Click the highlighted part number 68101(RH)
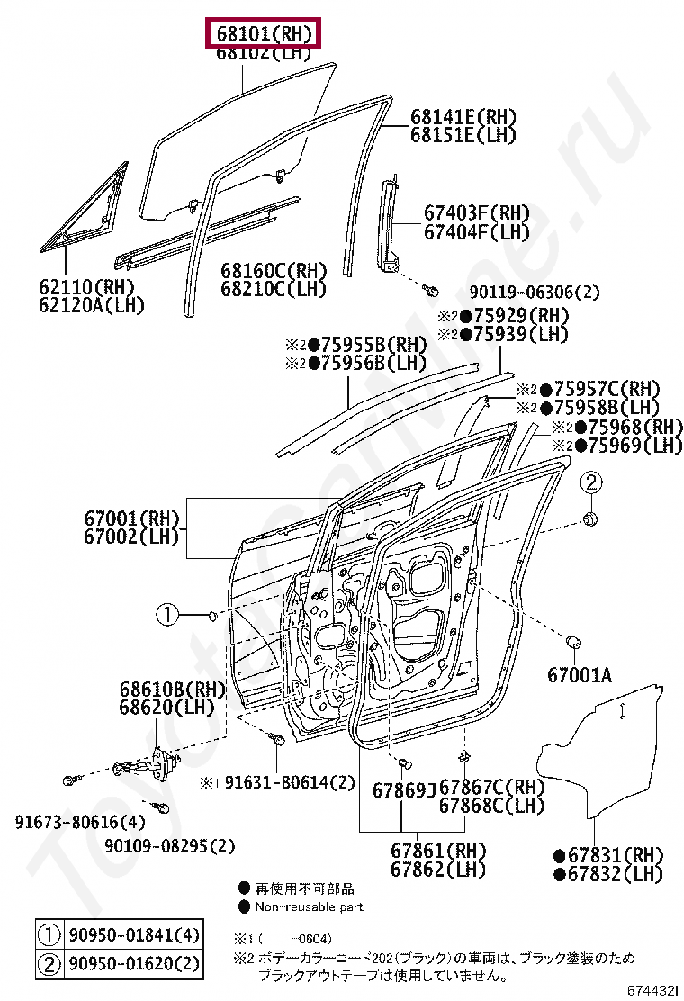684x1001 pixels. click(x=264, y=34)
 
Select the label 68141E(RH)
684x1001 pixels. click(x=463, y=117)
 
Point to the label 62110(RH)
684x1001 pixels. click(x=86, y=287)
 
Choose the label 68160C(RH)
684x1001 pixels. click(x=274, y=271)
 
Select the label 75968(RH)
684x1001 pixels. click(x=629, y=427)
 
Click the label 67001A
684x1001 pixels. click(x=579, y=674)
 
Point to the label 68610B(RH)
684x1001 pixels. click(x=171, y=690)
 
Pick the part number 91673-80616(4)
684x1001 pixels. click(x=67, y=821)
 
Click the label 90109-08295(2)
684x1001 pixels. click(x=169, y=846)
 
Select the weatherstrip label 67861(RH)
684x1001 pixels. click(x=438, y=851)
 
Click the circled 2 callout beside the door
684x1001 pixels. click(x=589, y=483)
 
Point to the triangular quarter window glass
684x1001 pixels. click(x=85, y=212)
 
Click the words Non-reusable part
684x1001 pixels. click(x=309, y=906)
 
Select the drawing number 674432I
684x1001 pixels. click(x=652, y=990)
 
